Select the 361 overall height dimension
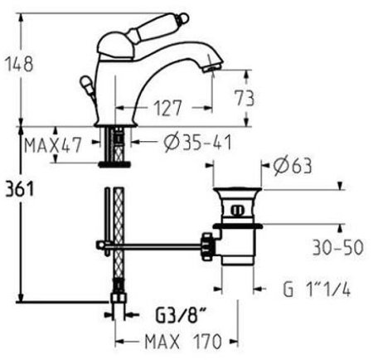click(x=18, y=189)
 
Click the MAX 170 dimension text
click(x=173, y=340)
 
